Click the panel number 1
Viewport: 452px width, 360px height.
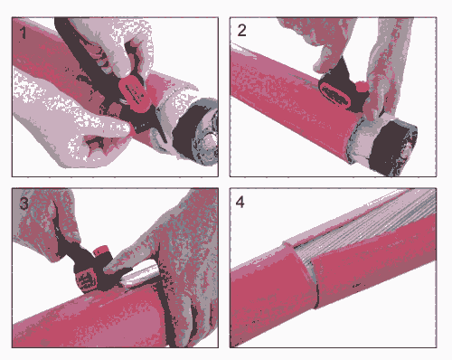pyautogui.click(x=23, y=33)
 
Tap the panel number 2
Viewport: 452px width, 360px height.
pyautogui.click(x=241, y=30)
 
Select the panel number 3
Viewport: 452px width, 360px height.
pyautogui.click(x=24, y=203)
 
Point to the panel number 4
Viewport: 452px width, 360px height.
pyautogui.click(x=240, y=202)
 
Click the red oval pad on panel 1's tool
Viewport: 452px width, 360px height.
pyautogui.click(x=134, y=92)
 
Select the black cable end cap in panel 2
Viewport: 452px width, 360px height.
pyautogui.click(x=393, y=147)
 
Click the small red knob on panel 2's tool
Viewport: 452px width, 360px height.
pyautogui.click(x=362, y=87)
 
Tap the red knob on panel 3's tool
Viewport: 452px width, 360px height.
pyautogui.click(x=101, y=251)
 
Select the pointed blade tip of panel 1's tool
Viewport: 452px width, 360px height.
pyautogui.click(x=165, y=141)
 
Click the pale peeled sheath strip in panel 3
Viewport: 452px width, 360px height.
pyautogui.click(x=140, y=274)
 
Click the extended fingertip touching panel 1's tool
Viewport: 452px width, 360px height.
pyautogui.click(x=125, y=128)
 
